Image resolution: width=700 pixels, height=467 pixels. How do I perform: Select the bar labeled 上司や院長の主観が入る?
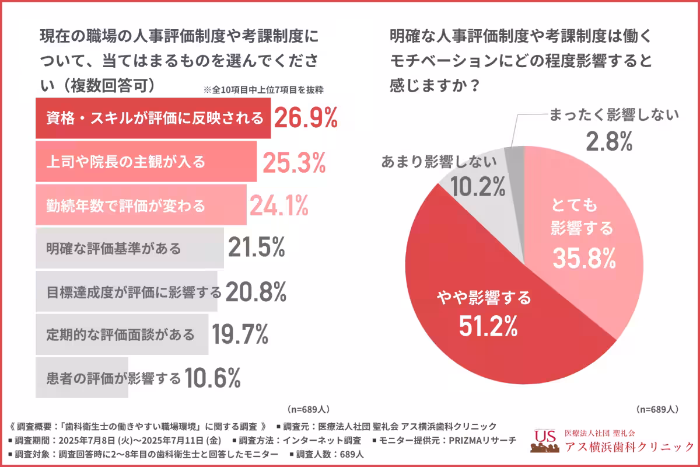tap(146, 162)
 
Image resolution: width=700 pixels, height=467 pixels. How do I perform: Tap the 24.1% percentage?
tap(279, 205)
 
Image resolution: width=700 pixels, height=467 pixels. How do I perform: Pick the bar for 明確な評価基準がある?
tap(129, 248)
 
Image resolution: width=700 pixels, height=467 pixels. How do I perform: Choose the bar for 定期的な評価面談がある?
tap(121, 334)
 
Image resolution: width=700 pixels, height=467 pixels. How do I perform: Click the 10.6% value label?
tap(212, 378)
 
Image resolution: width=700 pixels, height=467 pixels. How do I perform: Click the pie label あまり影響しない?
tap(439, 162)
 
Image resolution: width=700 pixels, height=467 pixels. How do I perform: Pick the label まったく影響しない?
tap(614, 114)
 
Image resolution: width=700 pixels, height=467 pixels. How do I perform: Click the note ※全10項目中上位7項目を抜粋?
tap(264, 90)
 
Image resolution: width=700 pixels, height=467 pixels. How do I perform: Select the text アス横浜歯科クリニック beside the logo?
tap(629, 447)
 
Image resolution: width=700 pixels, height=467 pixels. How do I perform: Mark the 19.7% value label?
tap(240, 334)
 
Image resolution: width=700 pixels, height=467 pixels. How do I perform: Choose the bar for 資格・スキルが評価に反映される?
tap(153, 119)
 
